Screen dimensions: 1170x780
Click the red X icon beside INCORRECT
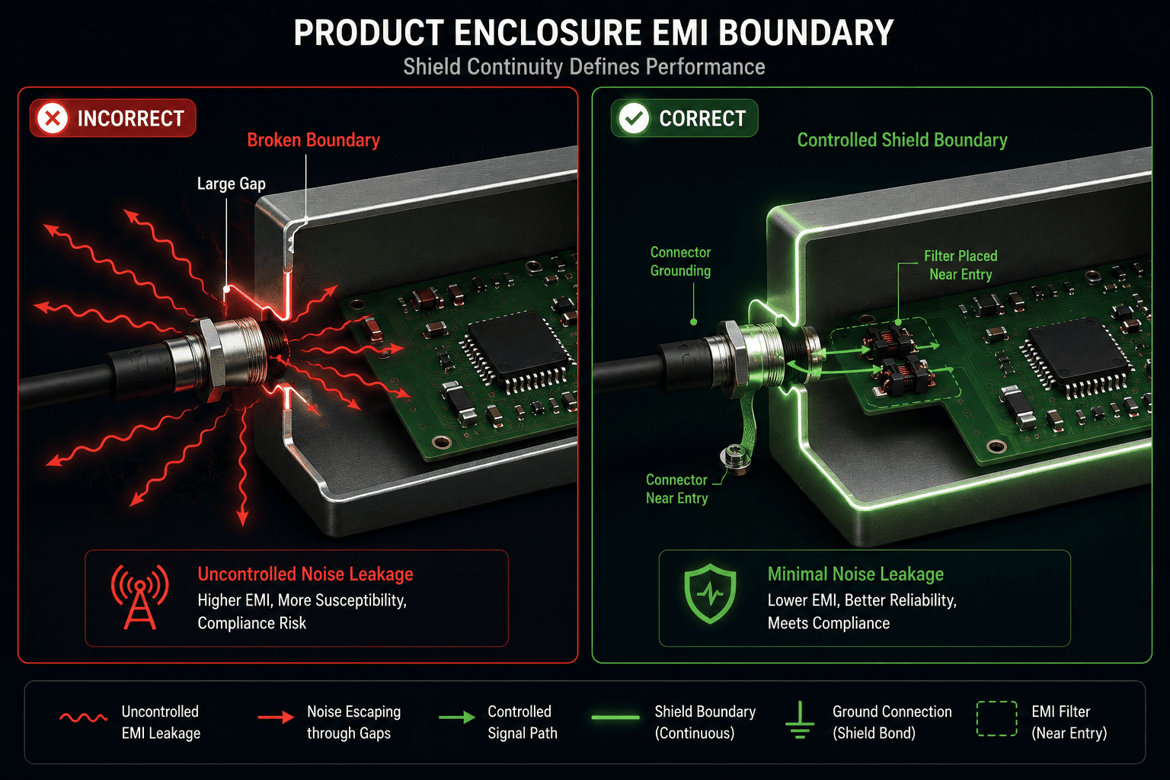53,118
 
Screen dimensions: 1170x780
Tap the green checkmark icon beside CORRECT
634,118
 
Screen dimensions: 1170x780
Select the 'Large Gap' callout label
232,184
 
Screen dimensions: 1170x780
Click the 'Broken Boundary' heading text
313,140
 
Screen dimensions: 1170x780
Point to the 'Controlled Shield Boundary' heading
902,140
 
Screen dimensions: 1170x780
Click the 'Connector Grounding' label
680,261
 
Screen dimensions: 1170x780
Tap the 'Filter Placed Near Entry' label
961,265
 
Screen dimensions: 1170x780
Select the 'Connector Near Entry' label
676,488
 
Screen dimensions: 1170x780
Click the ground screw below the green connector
735,458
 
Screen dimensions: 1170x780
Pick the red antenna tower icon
139,596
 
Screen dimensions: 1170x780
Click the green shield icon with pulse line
711,593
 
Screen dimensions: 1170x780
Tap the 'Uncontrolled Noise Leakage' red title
305,574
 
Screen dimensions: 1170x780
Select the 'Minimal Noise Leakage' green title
855,574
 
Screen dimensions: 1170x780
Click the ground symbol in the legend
800,720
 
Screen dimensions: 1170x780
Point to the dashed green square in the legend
996,719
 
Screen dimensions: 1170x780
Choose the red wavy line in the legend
84,718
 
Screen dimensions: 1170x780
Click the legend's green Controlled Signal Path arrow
456,718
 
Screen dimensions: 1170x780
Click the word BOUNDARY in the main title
806,33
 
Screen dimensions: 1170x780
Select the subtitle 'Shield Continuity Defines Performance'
584,67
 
